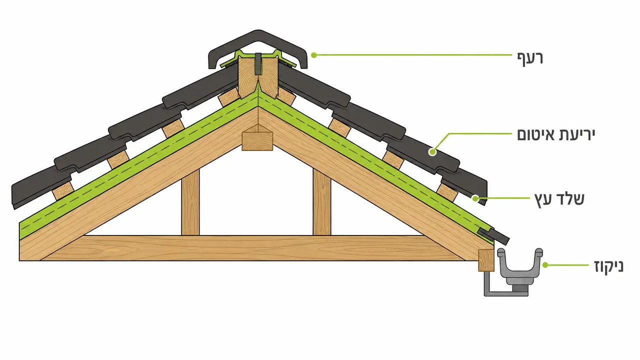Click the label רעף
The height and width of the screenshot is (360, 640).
point(530,59)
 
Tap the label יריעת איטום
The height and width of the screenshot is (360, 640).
point(556,134)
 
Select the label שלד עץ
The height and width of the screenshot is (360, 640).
point(559,199)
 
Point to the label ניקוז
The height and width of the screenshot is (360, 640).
point(609,266)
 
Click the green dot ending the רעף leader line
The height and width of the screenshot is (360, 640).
point(314,55)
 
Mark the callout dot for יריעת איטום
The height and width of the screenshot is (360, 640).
point(432,151)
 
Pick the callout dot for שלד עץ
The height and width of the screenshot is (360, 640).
point(475,198)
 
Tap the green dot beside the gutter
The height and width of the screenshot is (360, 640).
point(545,265)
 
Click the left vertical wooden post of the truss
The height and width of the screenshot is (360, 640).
point(190,202)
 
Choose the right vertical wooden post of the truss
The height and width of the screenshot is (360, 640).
point(322,202)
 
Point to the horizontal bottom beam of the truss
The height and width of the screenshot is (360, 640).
point(251,248)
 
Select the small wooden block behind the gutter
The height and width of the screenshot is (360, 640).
point(486,260)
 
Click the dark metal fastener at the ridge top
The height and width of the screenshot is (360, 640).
point(258,63)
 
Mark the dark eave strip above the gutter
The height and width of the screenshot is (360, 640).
point(493,236)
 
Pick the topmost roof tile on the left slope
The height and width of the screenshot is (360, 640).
point(200,85)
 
